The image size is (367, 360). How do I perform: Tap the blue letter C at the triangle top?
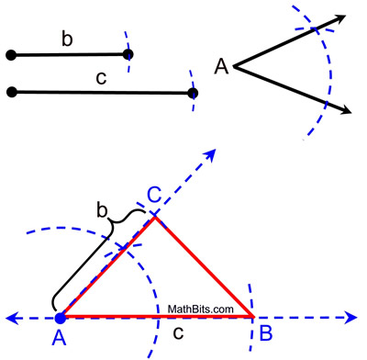point(155,195)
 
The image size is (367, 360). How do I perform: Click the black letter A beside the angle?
point(221,66)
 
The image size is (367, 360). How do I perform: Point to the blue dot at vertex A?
point(61,317)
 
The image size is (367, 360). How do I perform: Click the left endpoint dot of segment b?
point(11,56)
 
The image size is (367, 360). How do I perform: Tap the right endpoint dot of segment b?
point(128,54)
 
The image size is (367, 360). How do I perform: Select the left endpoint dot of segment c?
point(11,91)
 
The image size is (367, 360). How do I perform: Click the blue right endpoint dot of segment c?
point(192,93)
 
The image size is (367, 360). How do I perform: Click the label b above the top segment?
point(66,39)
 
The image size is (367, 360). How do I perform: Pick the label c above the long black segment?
point(101,77)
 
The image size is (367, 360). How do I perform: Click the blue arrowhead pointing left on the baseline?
point(11,318)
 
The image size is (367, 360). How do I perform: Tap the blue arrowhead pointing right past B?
point(352,318)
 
